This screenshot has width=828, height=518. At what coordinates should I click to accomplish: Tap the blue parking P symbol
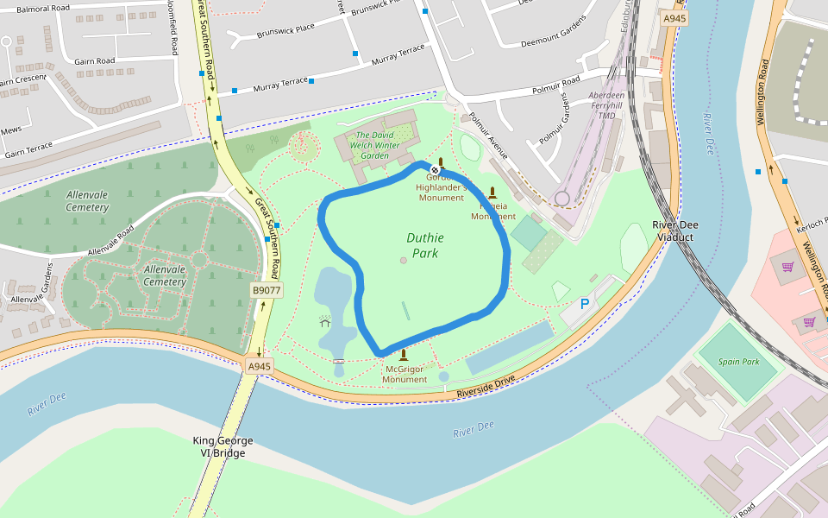[584, 304]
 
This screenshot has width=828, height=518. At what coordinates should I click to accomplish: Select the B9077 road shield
[267, 291]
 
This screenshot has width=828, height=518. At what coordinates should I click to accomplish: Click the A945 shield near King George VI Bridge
[259, 366]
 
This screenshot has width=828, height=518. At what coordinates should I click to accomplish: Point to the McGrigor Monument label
[405, 375]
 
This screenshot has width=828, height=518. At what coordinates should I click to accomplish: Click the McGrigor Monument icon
[403, 355]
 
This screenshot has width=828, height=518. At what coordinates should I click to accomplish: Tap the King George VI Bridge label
[223, 446]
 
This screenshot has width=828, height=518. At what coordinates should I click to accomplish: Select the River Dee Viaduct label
[674, 231]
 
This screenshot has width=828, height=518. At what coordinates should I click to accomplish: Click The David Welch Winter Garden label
[379, 145]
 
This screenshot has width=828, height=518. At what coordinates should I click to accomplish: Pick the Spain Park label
[738, 362]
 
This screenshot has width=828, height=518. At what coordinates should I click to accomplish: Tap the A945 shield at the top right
[674, 17]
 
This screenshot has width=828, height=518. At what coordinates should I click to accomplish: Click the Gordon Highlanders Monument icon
[441, 163]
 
